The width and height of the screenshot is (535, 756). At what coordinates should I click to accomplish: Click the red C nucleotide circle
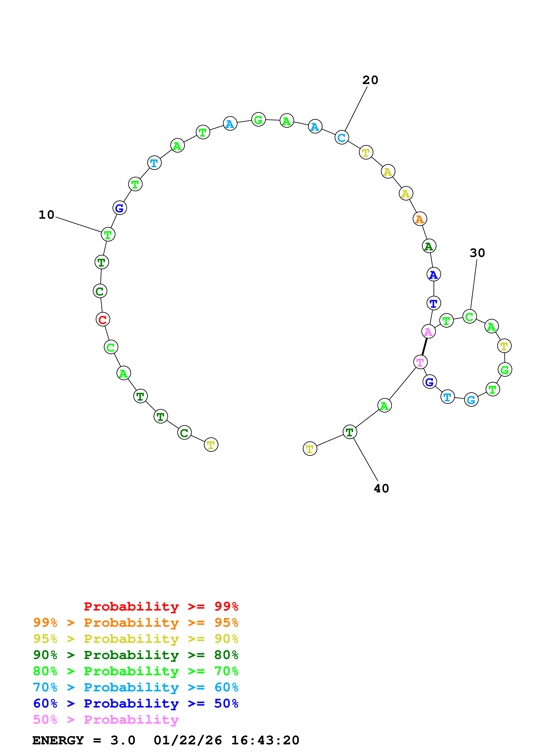103,319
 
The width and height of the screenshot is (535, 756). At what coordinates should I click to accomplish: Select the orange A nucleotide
420,219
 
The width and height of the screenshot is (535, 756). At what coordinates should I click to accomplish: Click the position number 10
46,215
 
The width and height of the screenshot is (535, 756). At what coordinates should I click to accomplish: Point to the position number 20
370,80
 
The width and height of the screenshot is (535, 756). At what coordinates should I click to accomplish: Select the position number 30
477,253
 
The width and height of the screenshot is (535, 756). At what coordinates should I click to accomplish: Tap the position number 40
381,488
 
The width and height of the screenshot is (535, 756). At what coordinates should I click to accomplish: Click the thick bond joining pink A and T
425,347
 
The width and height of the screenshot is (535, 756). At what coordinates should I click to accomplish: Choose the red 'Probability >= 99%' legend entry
161,606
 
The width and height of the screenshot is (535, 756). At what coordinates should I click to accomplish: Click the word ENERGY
58,740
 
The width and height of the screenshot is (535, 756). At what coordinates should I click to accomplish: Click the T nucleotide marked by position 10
108,234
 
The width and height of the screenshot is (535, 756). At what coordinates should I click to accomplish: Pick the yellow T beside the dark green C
211,445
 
